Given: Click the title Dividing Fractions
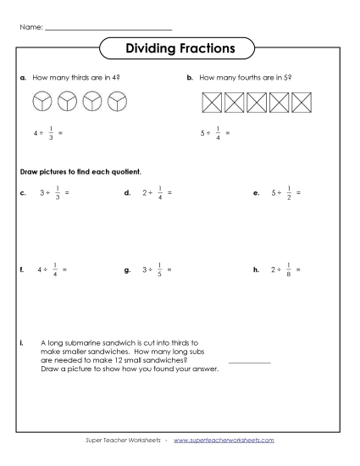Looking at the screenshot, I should [180, 48].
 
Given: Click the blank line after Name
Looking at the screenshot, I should [107, 30].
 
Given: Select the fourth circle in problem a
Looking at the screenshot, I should [117, 103].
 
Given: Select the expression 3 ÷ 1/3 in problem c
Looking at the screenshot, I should [53, 193].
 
